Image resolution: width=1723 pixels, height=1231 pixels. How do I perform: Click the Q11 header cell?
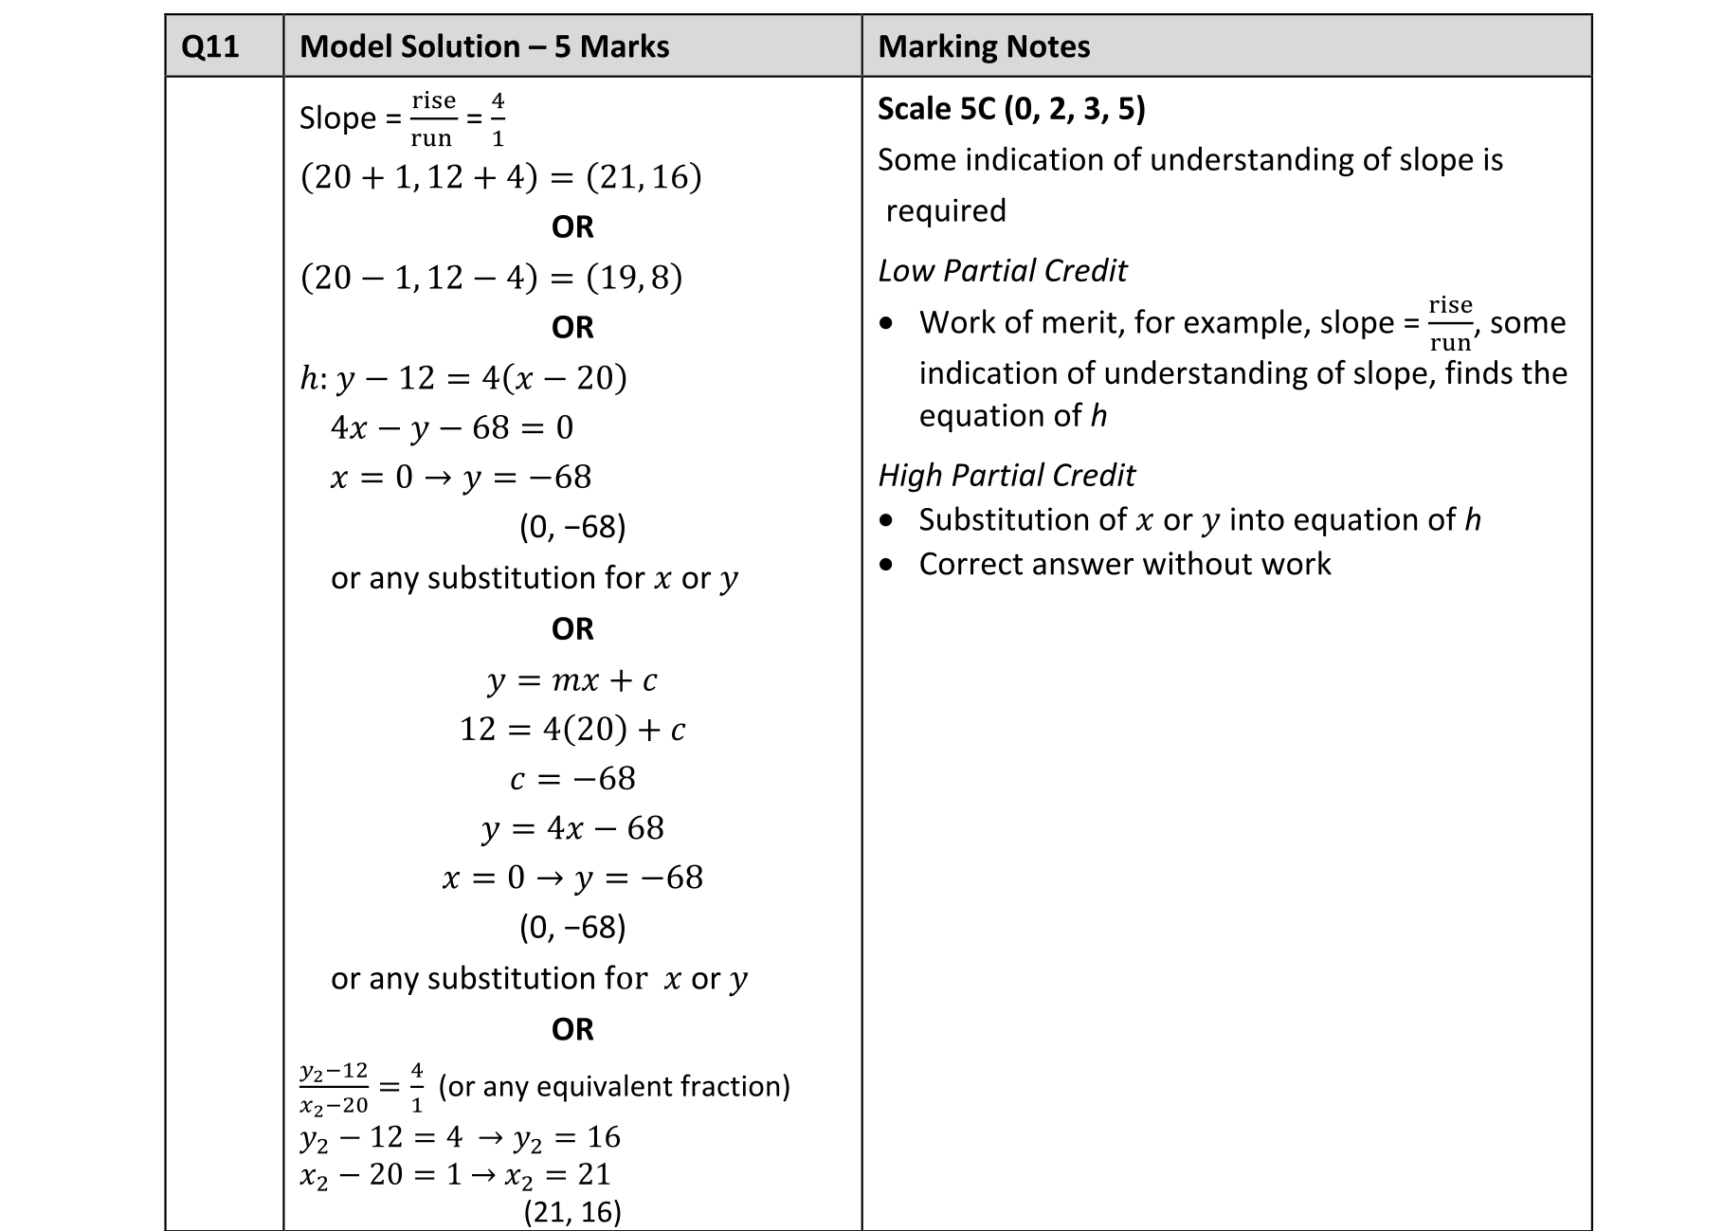click(209, 46)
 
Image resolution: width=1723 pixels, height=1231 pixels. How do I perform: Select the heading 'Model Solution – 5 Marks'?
click(484, 46)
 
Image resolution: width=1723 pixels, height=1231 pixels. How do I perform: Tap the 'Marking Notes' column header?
click(984, 46)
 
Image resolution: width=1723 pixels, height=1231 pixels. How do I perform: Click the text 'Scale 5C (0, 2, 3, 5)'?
click(1011, 109)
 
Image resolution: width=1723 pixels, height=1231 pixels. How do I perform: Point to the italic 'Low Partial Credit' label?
click(1002, 271)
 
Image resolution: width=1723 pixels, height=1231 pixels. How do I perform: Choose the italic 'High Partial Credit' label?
click(1007, 475)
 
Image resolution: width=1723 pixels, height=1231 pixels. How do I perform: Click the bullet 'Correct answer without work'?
click(1124, 564)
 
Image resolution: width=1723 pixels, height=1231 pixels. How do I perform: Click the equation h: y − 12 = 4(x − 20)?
click(463, 378)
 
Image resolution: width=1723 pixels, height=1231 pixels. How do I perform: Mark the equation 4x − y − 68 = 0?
click(451, 427)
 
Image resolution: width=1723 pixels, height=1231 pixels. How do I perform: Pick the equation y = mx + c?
click(571, 679)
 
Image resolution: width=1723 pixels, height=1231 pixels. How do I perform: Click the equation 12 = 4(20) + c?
click(571, 729)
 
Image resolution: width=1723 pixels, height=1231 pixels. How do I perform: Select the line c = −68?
click(571, 778)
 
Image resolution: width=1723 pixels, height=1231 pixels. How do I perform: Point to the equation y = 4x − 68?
click(571, 827)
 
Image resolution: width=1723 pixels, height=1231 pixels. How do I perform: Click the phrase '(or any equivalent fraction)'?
click(614, 1086)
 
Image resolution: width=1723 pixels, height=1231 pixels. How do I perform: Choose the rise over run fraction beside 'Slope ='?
click(433, 119)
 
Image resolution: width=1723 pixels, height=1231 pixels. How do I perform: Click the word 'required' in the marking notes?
click(946, 210)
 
